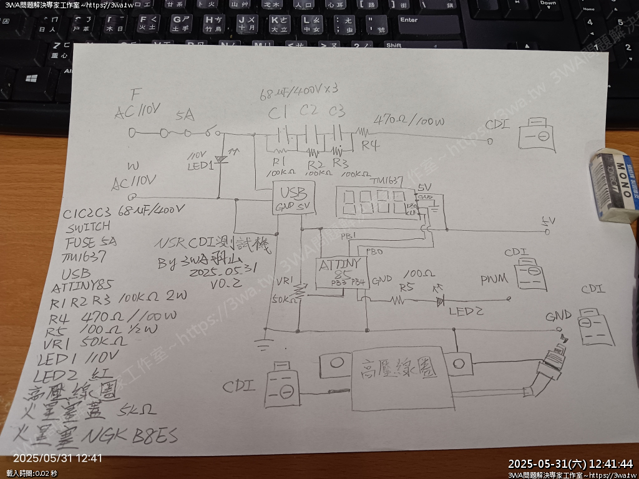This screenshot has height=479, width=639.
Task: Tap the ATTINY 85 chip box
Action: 340,273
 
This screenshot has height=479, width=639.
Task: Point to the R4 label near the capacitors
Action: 371,146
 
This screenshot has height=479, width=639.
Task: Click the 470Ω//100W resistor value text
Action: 409,121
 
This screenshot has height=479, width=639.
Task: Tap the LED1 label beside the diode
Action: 200,165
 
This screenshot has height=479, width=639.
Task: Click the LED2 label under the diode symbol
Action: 469,310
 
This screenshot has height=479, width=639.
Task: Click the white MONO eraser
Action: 614,186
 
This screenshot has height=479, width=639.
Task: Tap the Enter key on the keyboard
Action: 431,24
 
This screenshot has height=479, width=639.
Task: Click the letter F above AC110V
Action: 133,95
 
